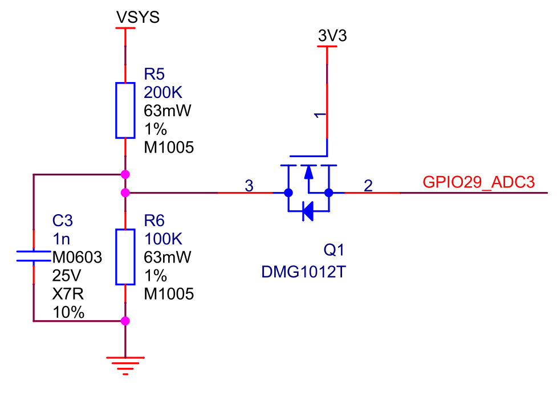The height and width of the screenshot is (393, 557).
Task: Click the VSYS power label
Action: (x=138, y=18)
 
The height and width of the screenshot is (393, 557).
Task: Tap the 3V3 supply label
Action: (x=332, y=36)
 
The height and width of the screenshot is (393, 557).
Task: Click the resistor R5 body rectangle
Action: (x=125, y=110)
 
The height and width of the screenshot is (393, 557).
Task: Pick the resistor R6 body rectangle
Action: (x=125, y=257)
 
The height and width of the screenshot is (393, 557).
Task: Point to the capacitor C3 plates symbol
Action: (x=34, y=256)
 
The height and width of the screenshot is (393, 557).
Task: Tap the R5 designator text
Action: (x=155, y=74)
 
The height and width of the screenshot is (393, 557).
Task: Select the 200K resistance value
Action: (x=164, y=92)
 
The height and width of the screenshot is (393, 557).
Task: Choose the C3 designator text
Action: (x=63, y=220)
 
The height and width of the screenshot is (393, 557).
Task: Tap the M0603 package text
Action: (x=77, y=257)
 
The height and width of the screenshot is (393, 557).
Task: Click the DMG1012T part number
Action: (x=303, y=272)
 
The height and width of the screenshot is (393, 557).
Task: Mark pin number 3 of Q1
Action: (x=249, y=185)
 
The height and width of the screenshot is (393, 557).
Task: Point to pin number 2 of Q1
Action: (x=368, y=185)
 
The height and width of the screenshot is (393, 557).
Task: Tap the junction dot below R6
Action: (x=125, y=321)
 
